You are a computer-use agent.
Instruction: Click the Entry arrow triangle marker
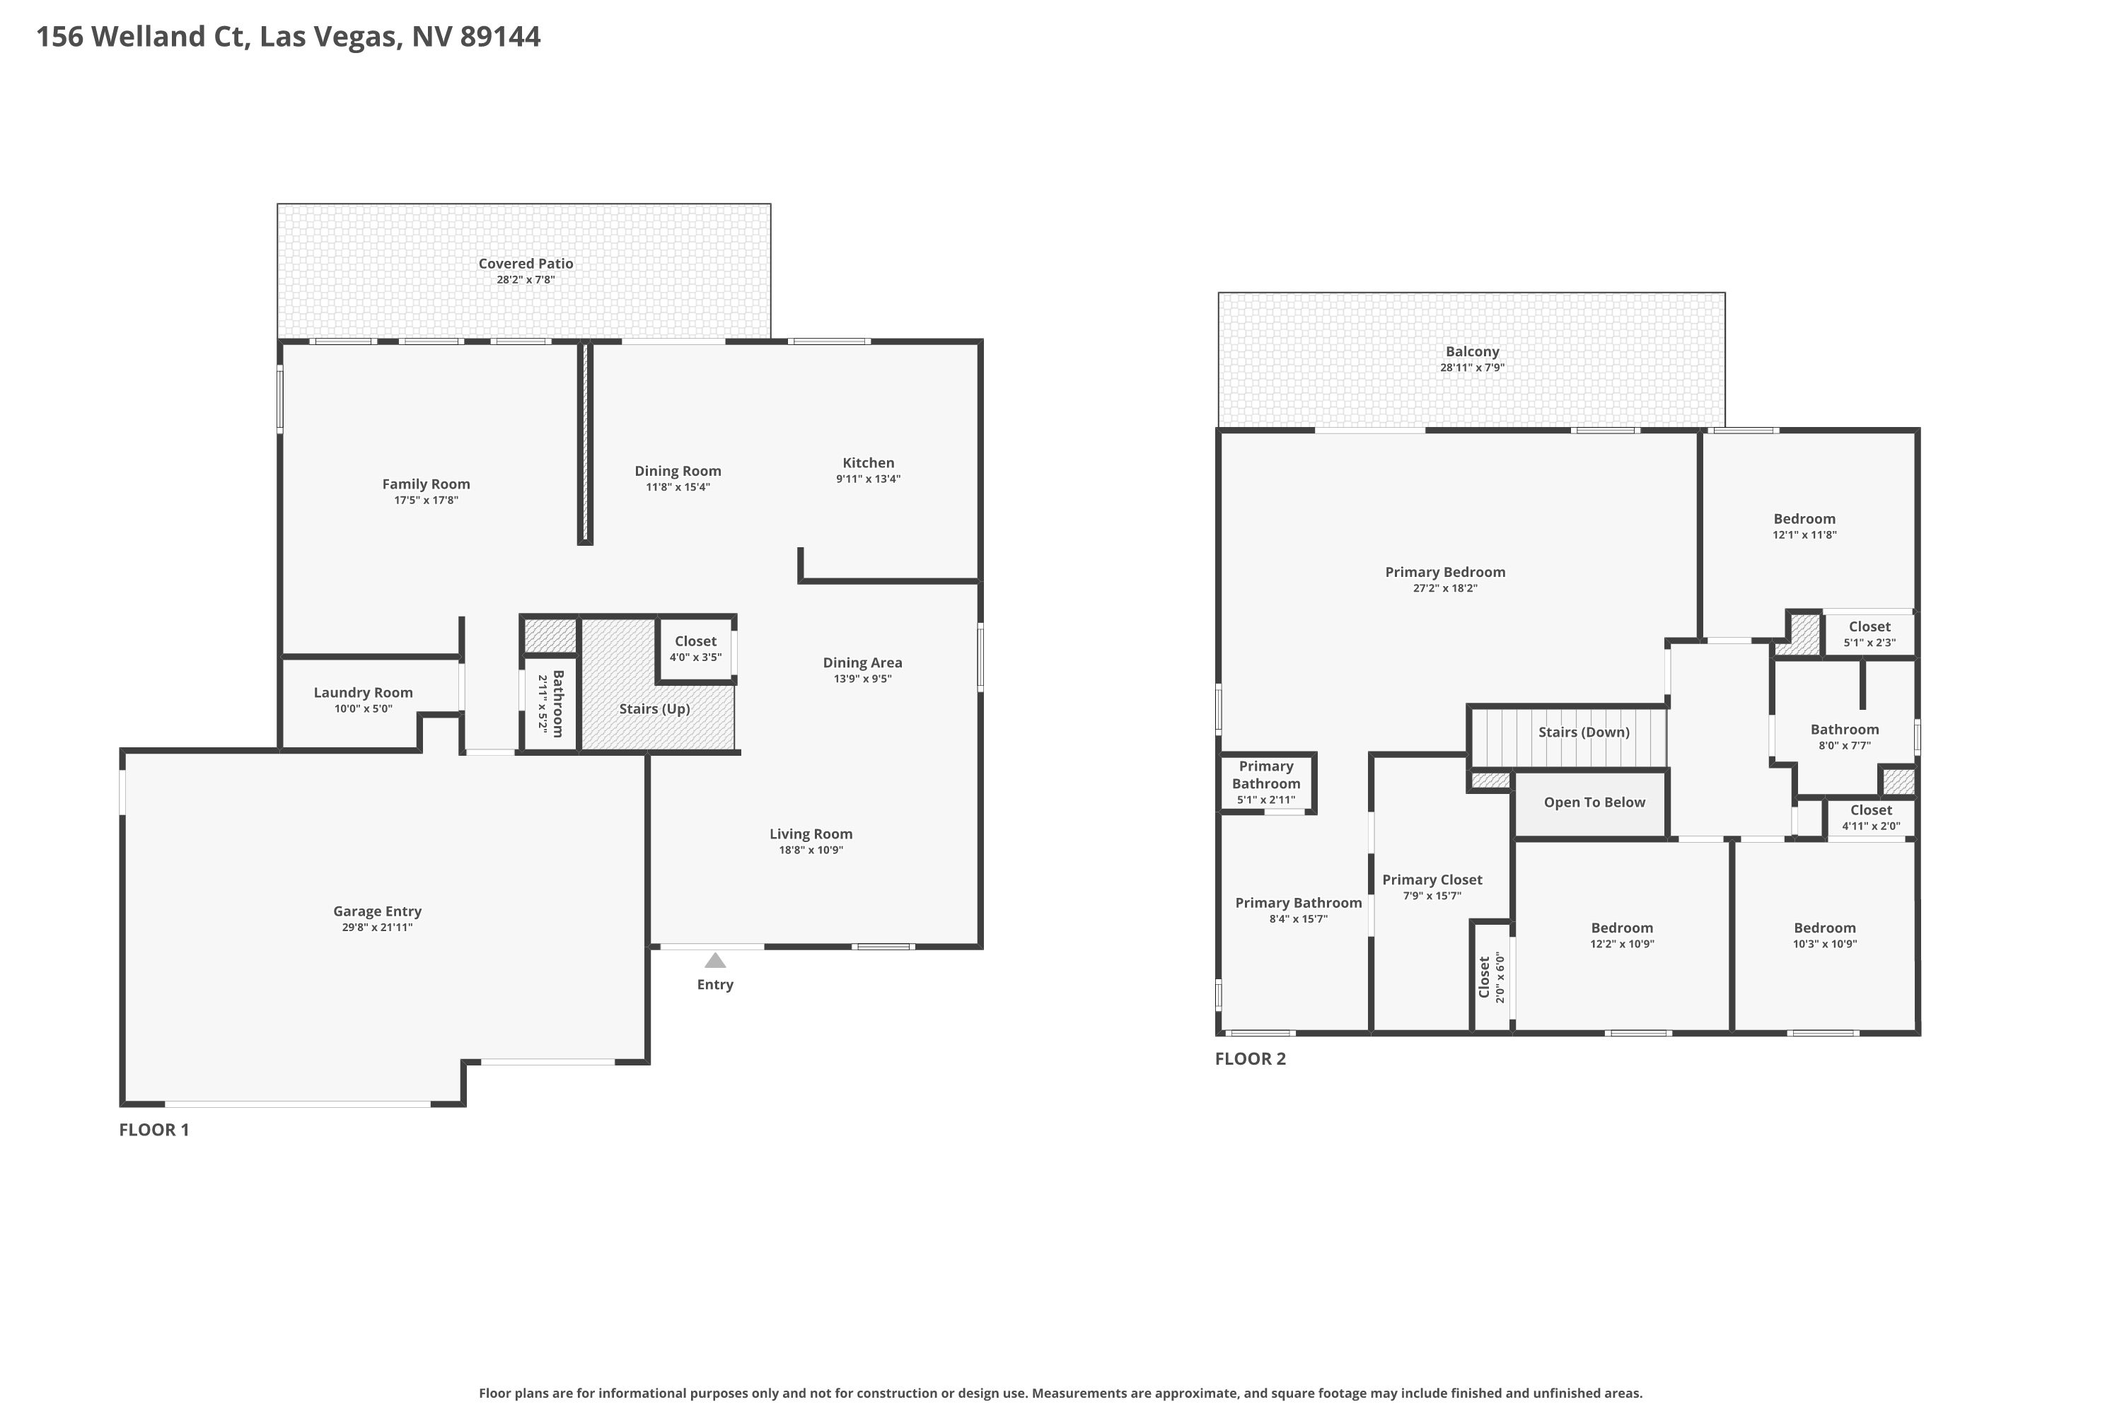pyautogui.click(x=714, y=960)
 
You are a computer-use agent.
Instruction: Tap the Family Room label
pyautogui.click(x=426, y=484)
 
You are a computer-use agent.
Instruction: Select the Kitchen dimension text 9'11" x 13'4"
pyautogui.click(x=868, y=479)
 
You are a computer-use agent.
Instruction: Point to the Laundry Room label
pyautogui.click(x=363, y=693)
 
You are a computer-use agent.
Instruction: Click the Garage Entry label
pyautogui.click(x=377, y=912)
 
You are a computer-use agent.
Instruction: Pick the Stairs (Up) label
pyautogui.click(x=654, y=709)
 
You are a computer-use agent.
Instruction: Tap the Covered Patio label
pyautogui.click(x=526, y=263)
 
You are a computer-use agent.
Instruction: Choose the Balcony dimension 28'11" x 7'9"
pyautogui.click(x=1473, y=368)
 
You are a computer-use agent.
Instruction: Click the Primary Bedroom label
pyautogui.click(x=1445, y=572)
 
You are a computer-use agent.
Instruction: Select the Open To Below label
pyautogui.click(x=1594, y=802)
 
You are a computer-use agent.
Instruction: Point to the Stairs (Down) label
pyautogui.click(x=1584, y=732)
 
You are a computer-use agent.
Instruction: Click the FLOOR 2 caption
pyautogui.click(x=1251, y=1058)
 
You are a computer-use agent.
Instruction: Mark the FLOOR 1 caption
pyautogui.click(x=154, y=1130)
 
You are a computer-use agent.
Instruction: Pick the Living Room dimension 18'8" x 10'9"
pyautogui.click(x=811, y=851)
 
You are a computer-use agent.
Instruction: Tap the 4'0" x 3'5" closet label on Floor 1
pyautogui.click(x=695, y=658)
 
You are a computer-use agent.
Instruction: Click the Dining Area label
pyautogui.click(x=862, y=663)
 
